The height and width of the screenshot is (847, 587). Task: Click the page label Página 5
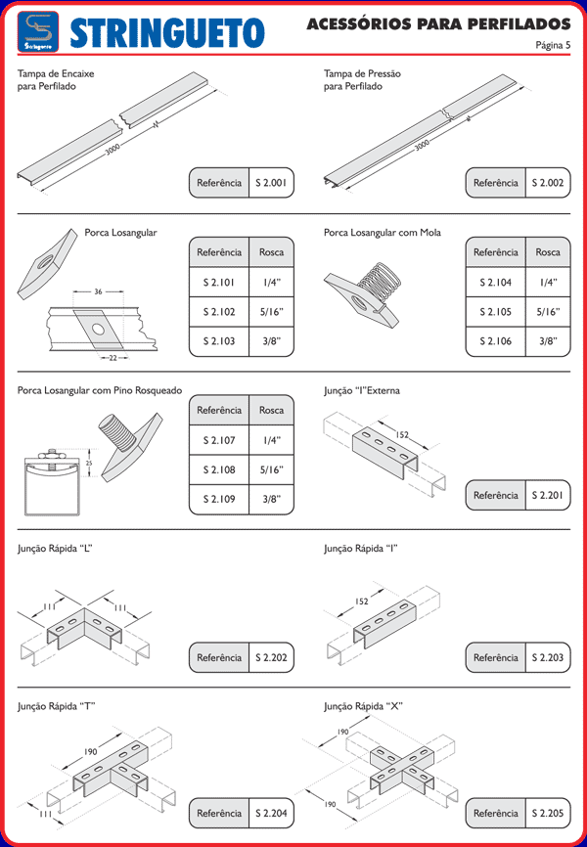point(554,45)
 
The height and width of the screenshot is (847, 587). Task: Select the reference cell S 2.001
point(271,183)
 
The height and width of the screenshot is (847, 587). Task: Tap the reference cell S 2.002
point(548,183)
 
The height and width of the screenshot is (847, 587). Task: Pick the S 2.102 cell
point(218,312)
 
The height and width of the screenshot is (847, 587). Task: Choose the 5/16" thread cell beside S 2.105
point(548,312)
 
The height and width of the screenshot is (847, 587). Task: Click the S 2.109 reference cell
point(218,499)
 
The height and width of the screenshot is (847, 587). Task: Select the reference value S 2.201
point(548,496)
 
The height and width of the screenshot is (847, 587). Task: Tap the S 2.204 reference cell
point(271,813)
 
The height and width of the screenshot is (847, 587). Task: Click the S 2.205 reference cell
point(548,813)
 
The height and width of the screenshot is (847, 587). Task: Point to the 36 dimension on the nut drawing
point(98,292)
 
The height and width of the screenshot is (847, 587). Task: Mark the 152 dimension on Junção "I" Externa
point(402,435)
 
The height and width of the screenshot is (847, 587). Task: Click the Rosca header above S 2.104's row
point(548,252)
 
